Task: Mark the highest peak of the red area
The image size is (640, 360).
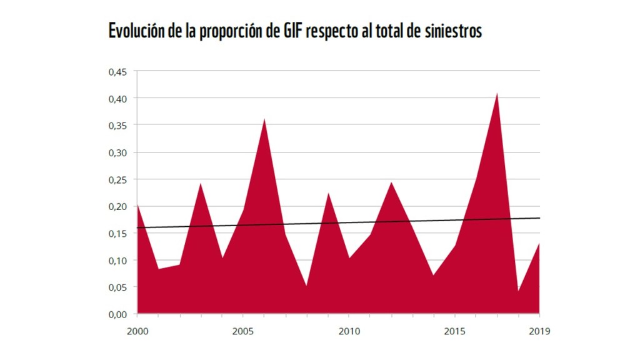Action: click(x=497, y=93)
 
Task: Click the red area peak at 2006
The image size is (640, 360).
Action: click(x=264, y=119)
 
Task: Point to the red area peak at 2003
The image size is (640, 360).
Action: click(x=201, y=184)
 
